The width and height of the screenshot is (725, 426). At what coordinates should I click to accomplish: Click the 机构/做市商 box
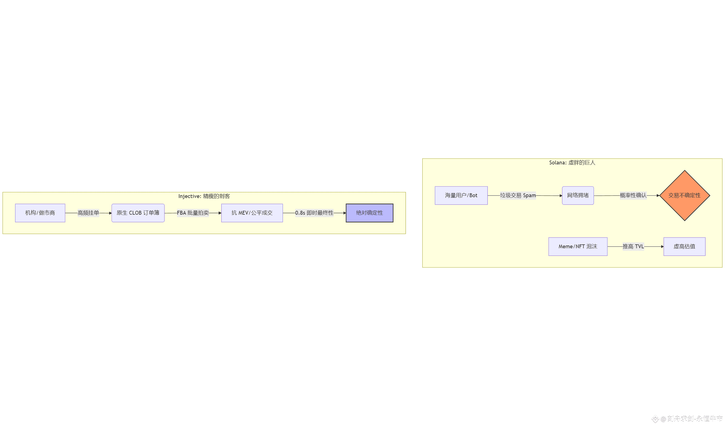40,213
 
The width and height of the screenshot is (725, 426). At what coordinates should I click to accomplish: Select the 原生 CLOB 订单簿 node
138,213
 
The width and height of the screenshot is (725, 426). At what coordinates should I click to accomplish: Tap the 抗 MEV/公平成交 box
252,213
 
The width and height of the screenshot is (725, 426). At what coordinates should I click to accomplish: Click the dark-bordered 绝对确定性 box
369,213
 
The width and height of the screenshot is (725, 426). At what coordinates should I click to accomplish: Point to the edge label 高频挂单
88,213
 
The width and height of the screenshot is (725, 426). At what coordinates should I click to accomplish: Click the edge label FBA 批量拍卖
193,213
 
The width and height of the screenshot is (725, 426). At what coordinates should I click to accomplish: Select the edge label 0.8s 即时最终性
314,213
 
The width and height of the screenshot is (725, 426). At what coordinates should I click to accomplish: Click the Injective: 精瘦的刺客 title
204,196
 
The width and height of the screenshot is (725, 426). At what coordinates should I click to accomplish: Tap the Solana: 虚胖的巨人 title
572,162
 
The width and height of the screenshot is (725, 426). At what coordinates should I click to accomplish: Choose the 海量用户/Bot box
461,195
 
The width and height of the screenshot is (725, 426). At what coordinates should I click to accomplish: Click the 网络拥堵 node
577,195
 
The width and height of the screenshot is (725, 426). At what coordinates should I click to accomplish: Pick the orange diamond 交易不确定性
684,195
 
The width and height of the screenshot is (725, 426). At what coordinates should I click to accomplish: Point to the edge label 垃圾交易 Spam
517,195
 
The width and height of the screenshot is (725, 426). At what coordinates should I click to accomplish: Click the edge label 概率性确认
633,195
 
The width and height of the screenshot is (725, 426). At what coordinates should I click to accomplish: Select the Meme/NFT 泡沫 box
577,246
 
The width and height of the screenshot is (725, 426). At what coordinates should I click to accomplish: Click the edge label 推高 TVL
633,246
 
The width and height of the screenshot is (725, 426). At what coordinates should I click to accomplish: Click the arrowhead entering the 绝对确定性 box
344,213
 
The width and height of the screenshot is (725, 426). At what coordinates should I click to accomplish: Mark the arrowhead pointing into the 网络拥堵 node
560,196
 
